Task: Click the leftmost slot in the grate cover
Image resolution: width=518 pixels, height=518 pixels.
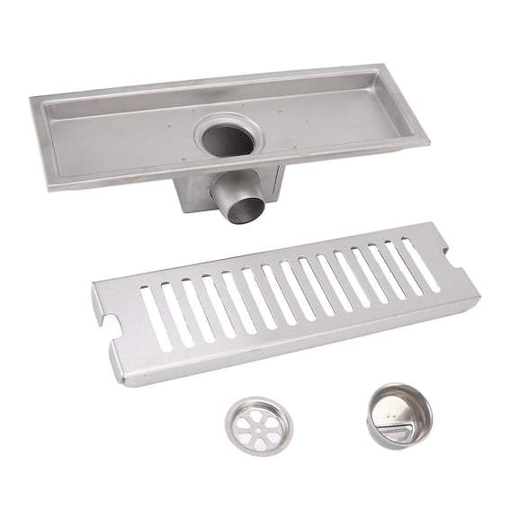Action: pyautogui.click(x=155, y=317)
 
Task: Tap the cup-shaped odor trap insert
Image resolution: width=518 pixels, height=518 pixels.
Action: pyautogui.click(x=398, y=415)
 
